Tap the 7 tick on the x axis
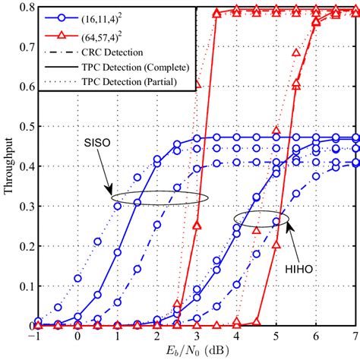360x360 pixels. tap(355, 335)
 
